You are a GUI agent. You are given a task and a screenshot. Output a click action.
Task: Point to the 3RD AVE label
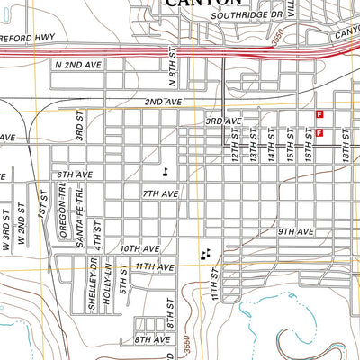pos(222,121)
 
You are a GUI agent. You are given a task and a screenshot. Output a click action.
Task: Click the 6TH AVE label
pos(74,175)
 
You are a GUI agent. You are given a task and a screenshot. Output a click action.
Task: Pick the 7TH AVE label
pos(159,193)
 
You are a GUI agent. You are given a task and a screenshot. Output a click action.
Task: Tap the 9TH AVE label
pos(295,231)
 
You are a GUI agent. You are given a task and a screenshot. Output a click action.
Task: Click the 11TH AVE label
pos(154,267)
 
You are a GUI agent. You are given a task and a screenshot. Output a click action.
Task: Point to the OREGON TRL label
pos(63,214)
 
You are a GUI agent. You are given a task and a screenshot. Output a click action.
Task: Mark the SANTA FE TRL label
pos(80,214)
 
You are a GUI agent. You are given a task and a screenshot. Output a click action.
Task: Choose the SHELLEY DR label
pos(93,284)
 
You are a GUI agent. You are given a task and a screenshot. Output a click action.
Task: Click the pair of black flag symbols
pos(207,255)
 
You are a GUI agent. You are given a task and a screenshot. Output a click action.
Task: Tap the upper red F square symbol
pos(319,113)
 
